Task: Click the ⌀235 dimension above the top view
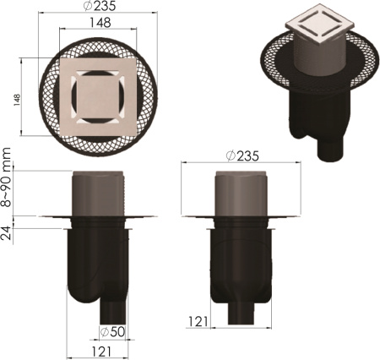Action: point(100,6)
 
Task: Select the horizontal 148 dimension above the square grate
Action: point(100,23)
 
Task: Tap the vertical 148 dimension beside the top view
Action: point(17,100)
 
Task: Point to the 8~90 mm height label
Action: point(6,177)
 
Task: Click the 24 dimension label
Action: point(6,233)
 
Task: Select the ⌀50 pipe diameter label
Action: point(112,332)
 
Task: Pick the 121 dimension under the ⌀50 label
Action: point(101,352)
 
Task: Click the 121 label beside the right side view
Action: point(198,322)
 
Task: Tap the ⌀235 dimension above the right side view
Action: point(242,156)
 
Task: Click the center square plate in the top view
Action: point(98,97)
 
